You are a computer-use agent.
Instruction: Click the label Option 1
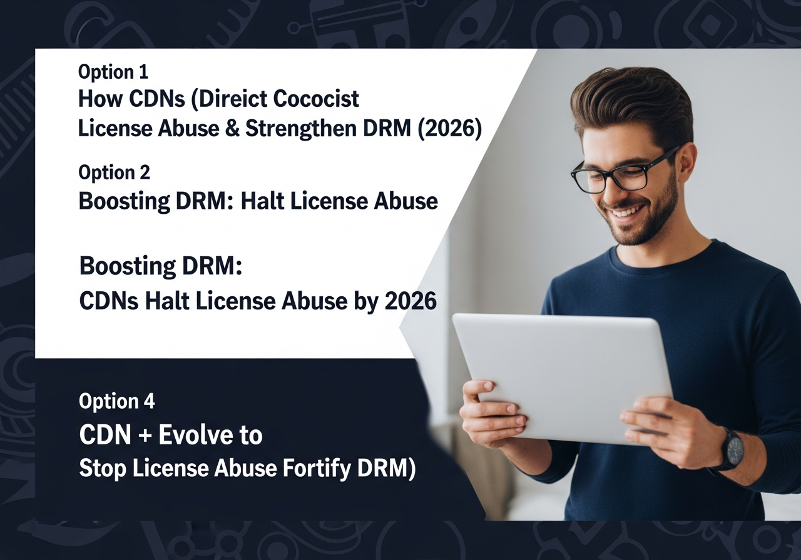(x=113, y=72)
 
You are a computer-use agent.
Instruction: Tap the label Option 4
(x=116, y=401)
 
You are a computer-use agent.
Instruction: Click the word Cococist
(x=316, y=99)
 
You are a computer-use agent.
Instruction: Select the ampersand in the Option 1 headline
(x=232, y=129)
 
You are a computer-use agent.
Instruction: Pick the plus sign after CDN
(x=144, y=436)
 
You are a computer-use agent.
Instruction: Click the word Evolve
(x=194, y=435)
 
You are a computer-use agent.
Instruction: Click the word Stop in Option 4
(x=103, y=469)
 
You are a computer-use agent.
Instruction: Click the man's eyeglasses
(x=622, y=173)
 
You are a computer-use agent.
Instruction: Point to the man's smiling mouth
(x=627, y=212)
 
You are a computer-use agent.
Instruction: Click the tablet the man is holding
(x=562, y=379)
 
